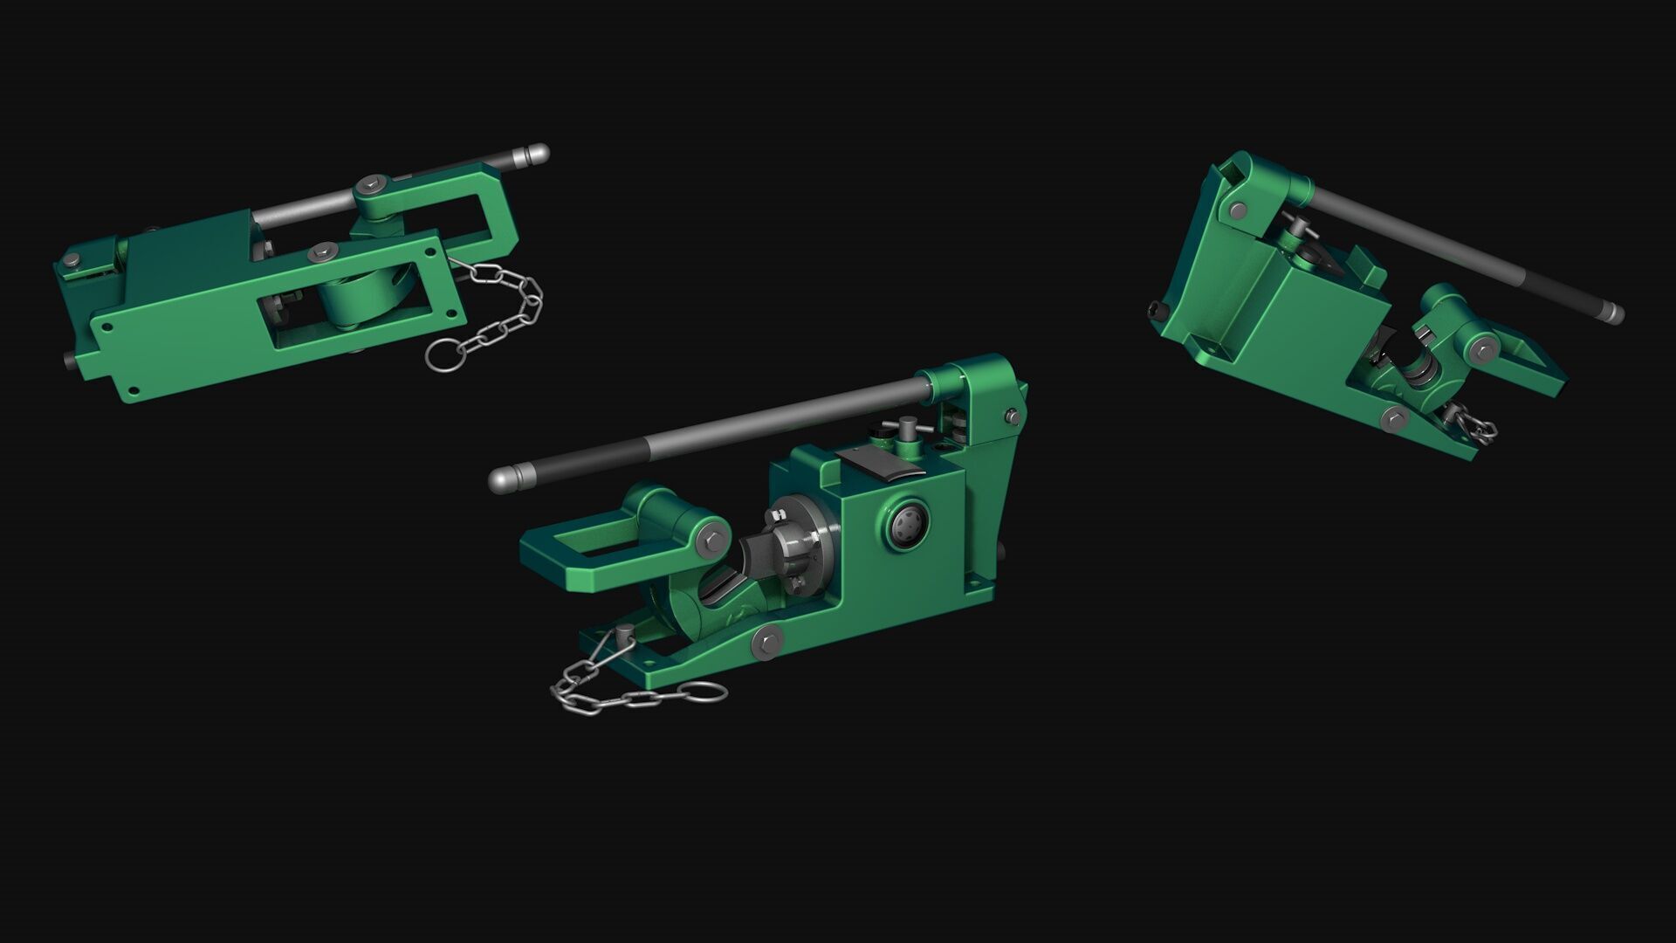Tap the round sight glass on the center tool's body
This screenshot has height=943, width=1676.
pos(909,525)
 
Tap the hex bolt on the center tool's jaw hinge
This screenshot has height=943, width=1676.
pos(712,540)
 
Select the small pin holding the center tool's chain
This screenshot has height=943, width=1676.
pos(625,636)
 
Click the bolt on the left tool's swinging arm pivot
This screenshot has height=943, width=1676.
pos(373,185)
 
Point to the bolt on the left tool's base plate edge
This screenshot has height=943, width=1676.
pos(324,251)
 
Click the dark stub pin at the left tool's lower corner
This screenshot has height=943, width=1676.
pos(69,359)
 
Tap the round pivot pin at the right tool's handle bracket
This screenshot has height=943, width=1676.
pos(1238,210)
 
